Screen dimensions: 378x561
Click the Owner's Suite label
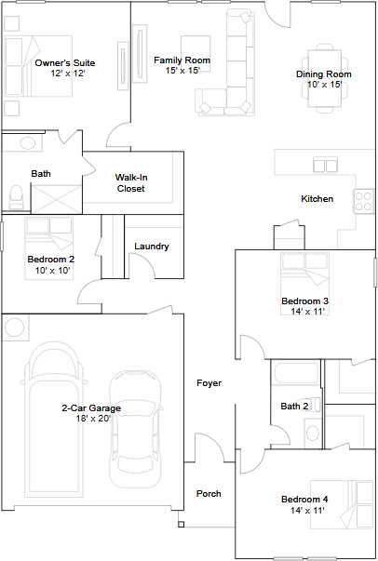pyautogui.click(x=65, y=63)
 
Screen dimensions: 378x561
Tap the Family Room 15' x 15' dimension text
pyautogui.click(x=182, y=71)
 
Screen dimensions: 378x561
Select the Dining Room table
pyautogui.click(x=325, y=78)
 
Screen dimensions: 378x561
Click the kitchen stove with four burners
pyautogui.click(x=363, y=201)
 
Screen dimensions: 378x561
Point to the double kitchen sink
pyautogui.click(x=325, y=166)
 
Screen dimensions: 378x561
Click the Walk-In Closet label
pyautogui.click(x=131, y=183)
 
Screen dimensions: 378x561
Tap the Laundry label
pyautogui.click(x=152, y=247)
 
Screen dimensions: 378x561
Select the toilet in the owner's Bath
pyautogui.click(x=16, y=197)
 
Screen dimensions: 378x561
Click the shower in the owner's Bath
pyautogui.click(x=57, y=199)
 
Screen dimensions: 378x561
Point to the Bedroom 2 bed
pyautogui.click(x=49, y=248)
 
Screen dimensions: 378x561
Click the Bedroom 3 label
pyautogui.click(x=305, y=301)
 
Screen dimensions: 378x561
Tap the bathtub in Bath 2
pyautogui.click(x=296, y=374)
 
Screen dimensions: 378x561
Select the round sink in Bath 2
pyautogui.click(x=313, y=433)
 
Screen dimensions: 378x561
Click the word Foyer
pyautogui.click(x=209, y=383)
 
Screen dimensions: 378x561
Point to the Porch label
pyautogui.click(x=209, y=494)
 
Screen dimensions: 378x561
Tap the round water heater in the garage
pyautogui.click(x=14, y=327)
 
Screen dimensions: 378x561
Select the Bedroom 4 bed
pyautogui.click(x=342, y=504)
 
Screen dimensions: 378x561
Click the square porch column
pyautogui.click(x=182, y=525)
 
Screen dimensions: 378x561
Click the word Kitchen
pyautogui.click(x=317, y=198)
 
